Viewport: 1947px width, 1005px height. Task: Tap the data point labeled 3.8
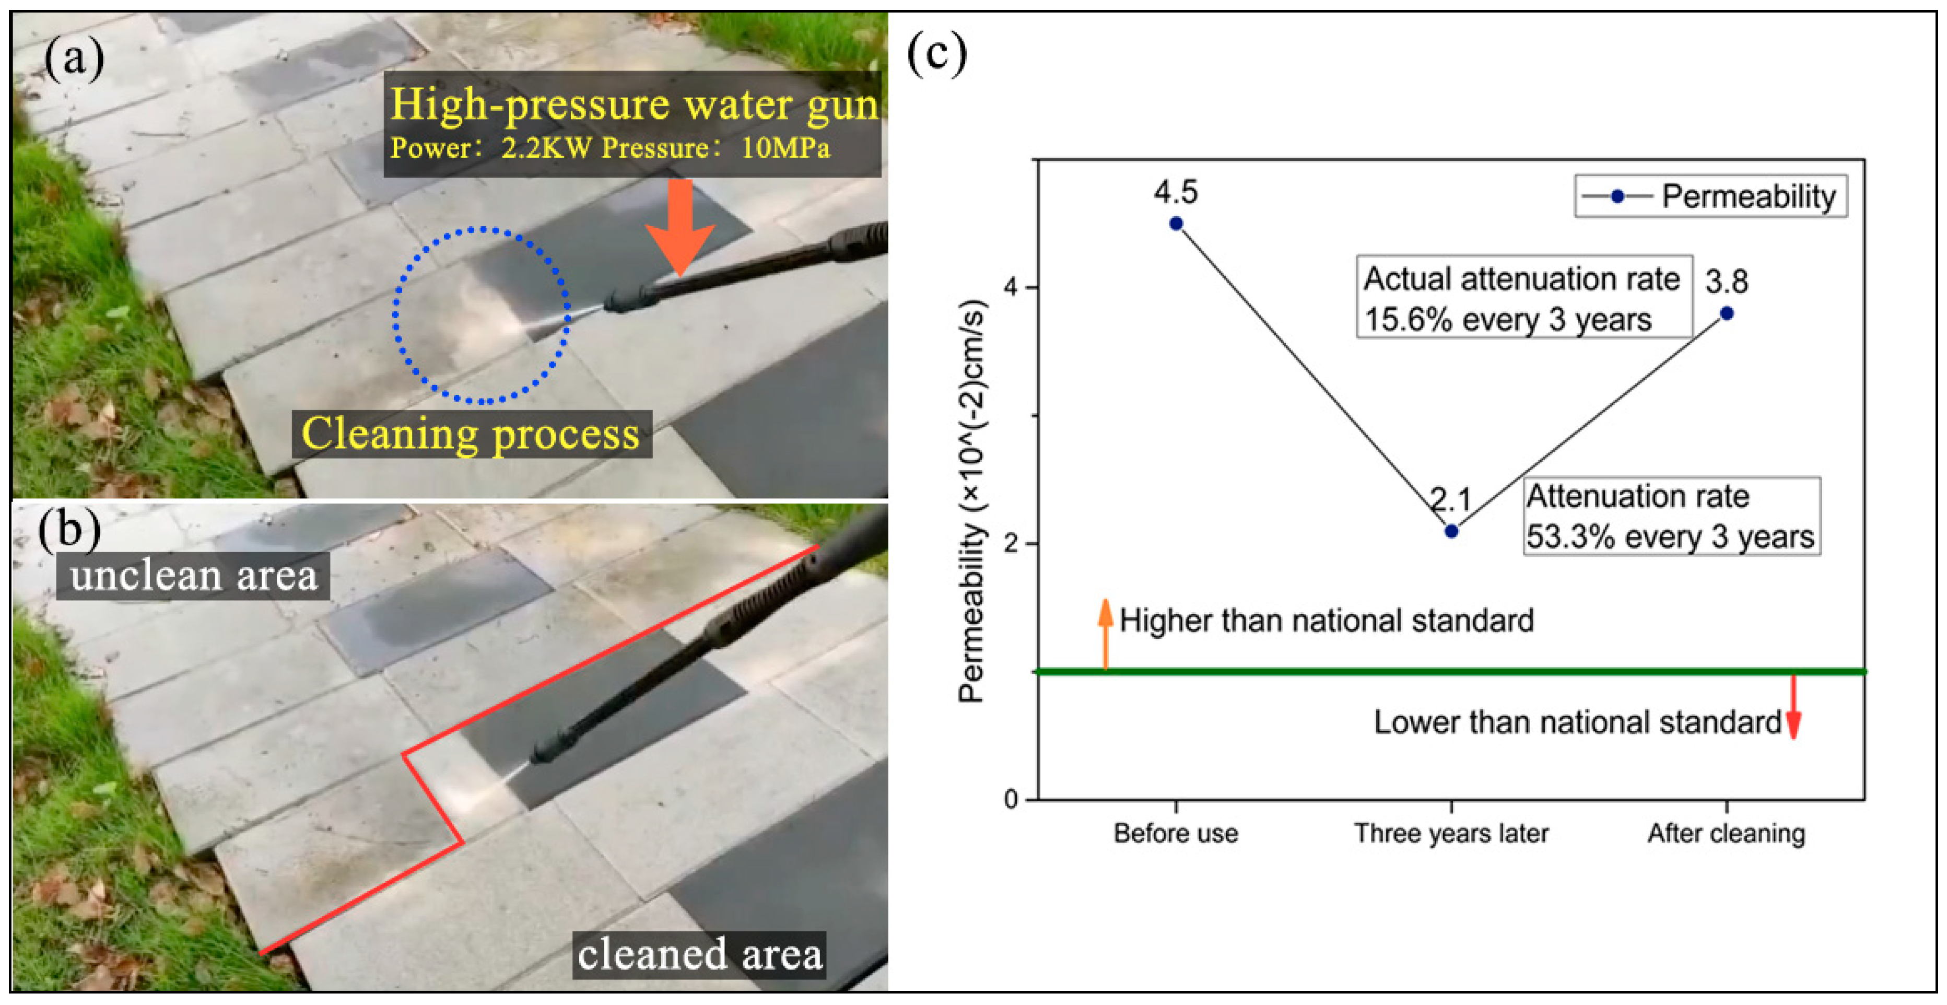tap(1726, 313)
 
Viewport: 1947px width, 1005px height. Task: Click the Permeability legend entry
tap(1710, 196)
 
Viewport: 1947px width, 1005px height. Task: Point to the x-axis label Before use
tap(1176, 833)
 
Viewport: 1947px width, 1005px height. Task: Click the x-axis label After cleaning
tap(1726, 833)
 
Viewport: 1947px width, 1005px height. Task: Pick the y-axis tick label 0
tap(1011, 799)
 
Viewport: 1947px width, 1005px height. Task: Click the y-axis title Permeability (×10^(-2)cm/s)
tap(972, 503)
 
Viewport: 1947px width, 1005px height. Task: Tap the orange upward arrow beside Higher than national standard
tap(1105, 633)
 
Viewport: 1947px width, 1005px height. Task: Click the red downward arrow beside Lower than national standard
tap(1793, 707)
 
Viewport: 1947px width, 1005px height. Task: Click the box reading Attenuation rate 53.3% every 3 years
tap(1670, 517)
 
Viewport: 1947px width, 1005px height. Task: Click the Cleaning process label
tap(471, 434)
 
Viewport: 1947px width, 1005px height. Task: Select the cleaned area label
tap(699, 954)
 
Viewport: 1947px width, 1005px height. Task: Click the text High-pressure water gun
tap(634, 104)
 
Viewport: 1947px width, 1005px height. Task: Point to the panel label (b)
tap(69, 529)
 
